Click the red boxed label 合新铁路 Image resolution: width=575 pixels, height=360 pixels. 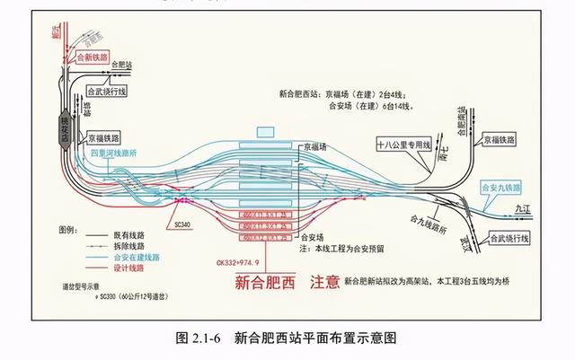93,57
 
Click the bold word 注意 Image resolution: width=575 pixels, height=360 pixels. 324,282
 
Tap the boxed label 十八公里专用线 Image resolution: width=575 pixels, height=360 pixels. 403,144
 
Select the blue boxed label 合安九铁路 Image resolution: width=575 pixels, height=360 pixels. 501,189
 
